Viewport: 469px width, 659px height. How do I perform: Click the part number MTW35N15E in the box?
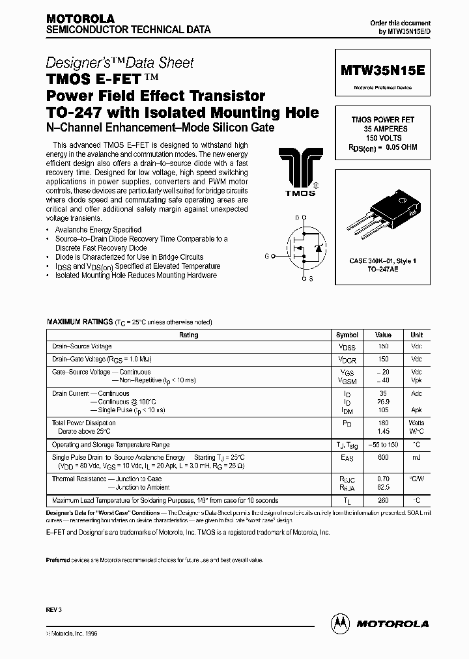(x=382, y=70)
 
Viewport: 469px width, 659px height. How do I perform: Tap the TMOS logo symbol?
(x=300, y=170)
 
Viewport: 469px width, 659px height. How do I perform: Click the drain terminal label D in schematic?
(x=296, y=217)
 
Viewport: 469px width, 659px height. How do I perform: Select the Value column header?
(x=383, y=335)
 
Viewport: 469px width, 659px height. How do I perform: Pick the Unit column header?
(x=416, y=335)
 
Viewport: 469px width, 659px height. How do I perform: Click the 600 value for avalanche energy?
(x=383, y=458)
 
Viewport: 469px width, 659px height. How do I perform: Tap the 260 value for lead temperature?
(x=383, y=500)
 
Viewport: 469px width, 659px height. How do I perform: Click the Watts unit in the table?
(x=416, y=423)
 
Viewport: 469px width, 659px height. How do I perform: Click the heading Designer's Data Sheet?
(x=120, y=63)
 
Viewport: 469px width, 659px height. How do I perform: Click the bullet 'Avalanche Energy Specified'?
(x=98, y=230)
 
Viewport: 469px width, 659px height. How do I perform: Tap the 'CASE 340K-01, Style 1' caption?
(x=382, y=260)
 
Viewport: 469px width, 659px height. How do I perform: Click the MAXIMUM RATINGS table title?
(x=79, y=322)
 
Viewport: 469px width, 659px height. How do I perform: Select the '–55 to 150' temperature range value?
(x=383, y=445)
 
